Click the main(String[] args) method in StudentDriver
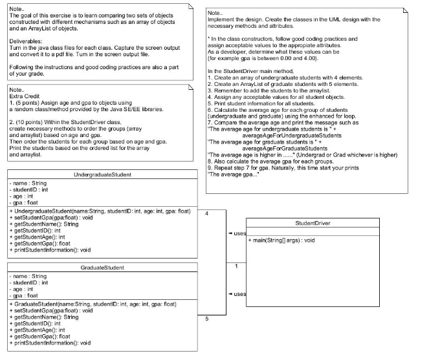[x=282, y=240]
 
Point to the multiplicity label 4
[x=206, y=213]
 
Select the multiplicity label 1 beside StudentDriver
[x=236, y=266]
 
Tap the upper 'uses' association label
[x=238, y=233]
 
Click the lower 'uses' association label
[x=238, y=294]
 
